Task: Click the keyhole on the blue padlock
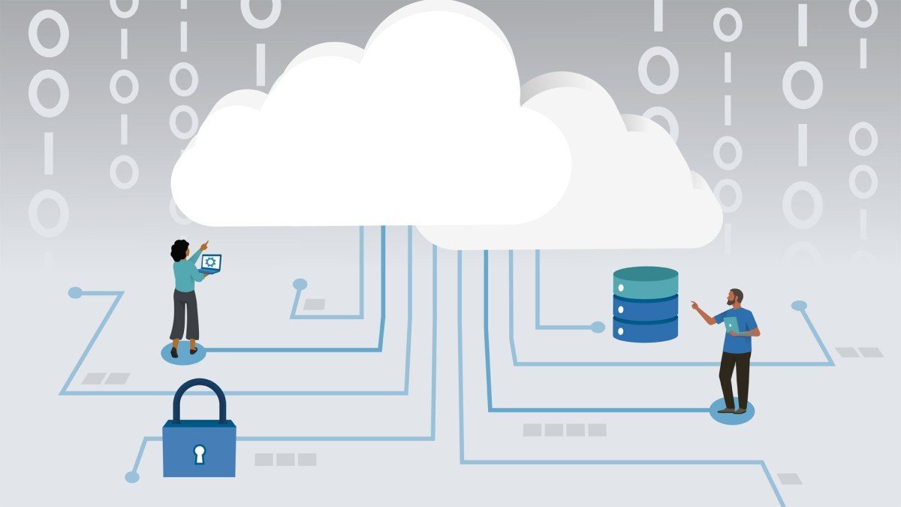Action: coord(199,453)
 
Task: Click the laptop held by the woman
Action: coord(211,263)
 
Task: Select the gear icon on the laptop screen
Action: coord(211,261)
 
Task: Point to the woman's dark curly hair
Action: coord(179,250)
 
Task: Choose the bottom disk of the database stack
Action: coord(646,329)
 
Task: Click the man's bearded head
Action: coord(736,297)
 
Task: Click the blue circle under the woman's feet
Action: coord(183,354)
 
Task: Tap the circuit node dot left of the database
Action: coord(598,327)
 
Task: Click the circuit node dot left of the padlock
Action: coord(132,477)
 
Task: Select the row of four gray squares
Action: coord(565,430)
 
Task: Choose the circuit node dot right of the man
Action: coord(799,306)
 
